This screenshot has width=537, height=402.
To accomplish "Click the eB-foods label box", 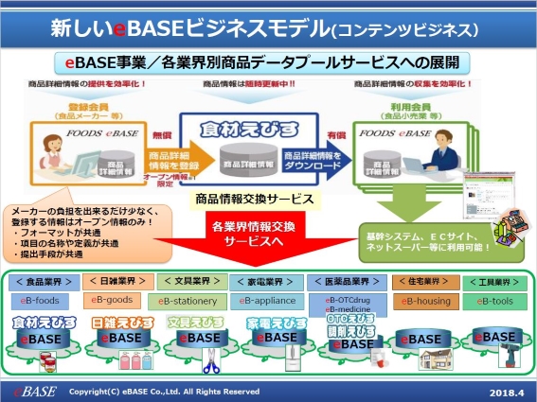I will click(41, 300).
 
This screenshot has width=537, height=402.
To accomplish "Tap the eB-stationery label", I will click(190, 301).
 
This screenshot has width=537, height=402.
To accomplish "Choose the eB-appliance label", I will click(267, 301).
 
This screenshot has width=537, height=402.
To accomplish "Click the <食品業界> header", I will click(41, 281).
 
